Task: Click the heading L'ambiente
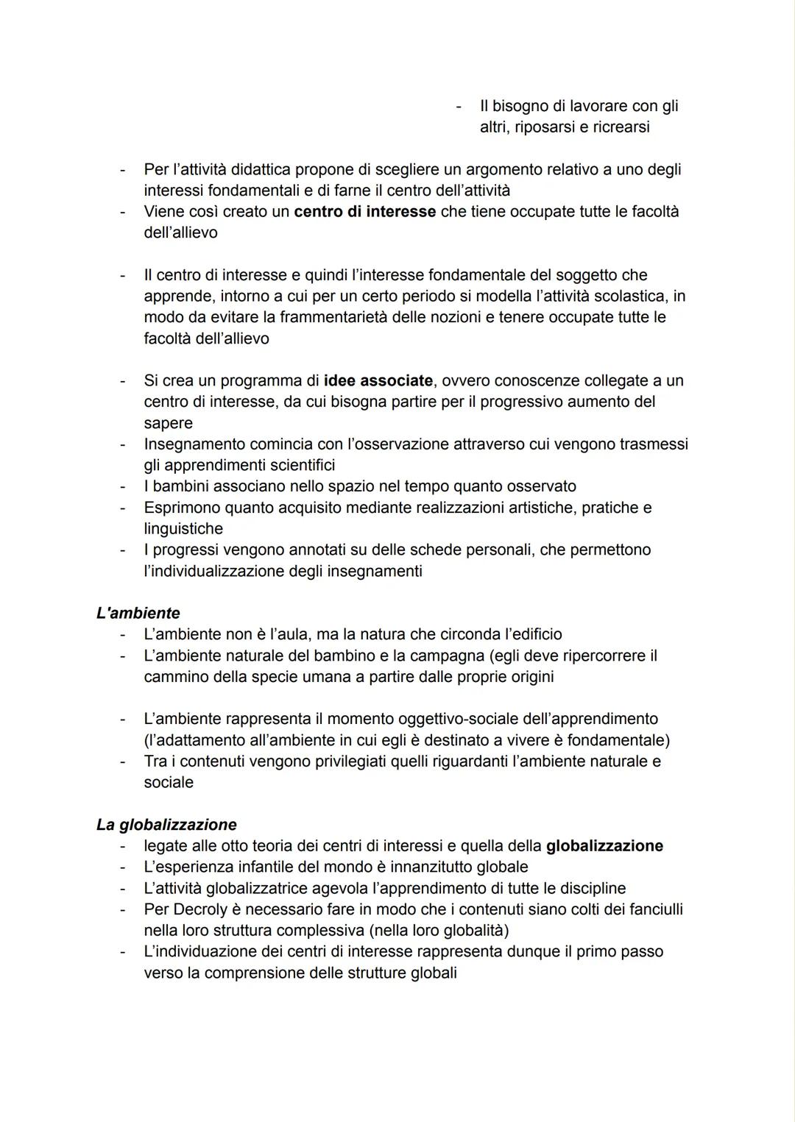pos(138,613)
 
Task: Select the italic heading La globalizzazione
pos(166,824)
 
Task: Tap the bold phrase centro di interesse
pos(364,212)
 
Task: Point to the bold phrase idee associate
pos(378,381)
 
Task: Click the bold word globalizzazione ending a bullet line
pos(604,846)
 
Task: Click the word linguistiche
pos(183,529)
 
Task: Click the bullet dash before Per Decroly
pos(124,909)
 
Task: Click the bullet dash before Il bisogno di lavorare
pos(459,107)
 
